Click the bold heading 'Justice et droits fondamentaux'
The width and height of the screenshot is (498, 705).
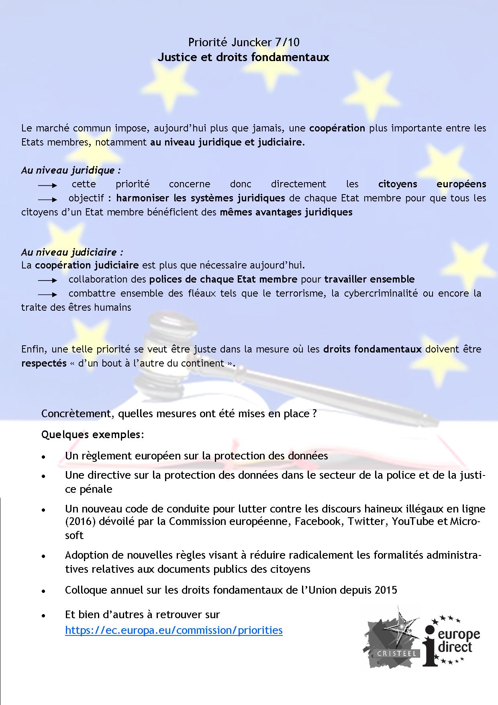click(243, 57)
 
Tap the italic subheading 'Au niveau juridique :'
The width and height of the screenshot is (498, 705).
click(71, 170)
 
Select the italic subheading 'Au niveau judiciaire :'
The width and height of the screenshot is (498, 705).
click(72, 252)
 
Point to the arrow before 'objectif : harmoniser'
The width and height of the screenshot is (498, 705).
click(48, 199)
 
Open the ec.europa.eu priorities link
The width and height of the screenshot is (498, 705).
click(173, 630)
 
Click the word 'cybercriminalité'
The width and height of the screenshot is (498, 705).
click(380, 293)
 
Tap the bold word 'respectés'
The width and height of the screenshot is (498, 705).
click(44, 363)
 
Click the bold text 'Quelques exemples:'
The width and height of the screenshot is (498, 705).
click(92, 434)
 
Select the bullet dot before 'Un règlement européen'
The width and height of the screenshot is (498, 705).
click(43, 457)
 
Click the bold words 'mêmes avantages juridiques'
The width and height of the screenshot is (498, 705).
click(286, 212)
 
